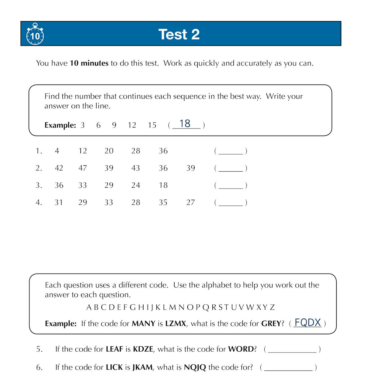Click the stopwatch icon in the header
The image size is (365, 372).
tap(35, 34)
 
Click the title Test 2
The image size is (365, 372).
tap(179, 34)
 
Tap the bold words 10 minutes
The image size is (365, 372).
tap(89, 63)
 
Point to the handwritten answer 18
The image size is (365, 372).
tap(185, 124)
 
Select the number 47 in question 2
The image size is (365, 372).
tap(83, 168)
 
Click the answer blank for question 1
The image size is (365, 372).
tap(231, 152)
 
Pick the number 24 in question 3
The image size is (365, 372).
tap(136, 185)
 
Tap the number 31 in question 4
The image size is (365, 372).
tap(59, 202)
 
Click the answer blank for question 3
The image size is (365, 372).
tap(231, 186)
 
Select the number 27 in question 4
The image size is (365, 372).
tap(191, 202)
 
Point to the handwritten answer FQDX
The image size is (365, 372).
tap(308, 323)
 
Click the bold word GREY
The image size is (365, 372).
tap(271, 324)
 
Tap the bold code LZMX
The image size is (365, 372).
tap(176, 324)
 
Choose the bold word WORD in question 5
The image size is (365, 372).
tap(241, 349)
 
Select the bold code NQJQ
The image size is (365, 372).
tap(195, 367)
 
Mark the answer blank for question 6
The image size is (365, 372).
tap(288, 368)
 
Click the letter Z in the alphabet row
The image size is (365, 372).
tap(272, 307)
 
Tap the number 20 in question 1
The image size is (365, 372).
tap(109, 151)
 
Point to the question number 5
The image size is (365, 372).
tap(39, 349)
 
